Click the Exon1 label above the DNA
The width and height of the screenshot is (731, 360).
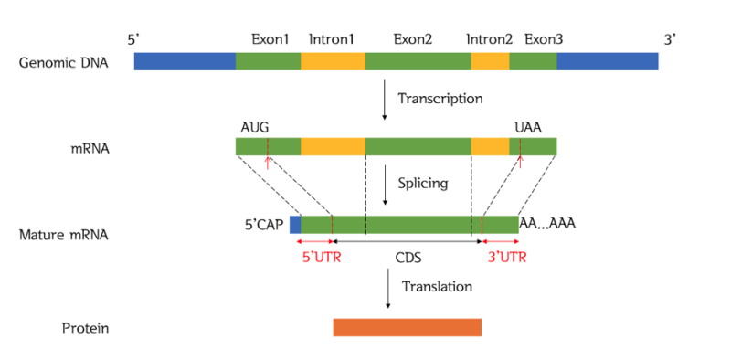click(270, 40)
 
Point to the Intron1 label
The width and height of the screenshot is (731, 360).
click(332, 40)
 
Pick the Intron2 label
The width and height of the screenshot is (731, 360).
click(489, 40)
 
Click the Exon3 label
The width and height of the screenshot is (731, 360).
click(544, 40)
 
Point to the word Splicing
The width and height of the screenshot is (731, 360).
click(422, 183)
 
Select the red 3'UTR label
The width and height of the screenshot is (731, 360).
click(506, 257)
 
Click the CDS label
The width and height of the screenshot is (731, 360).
click(408, 257)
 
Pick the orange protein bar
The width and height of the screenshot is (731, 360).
click(407, 327)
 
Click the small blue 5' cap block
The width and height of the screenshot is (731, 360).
click(295, 225)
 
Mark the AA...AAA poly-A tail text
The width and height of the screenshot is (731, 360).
click(547, 223)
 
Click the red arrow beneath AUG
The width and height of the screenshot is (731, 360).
click(267, 162)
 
